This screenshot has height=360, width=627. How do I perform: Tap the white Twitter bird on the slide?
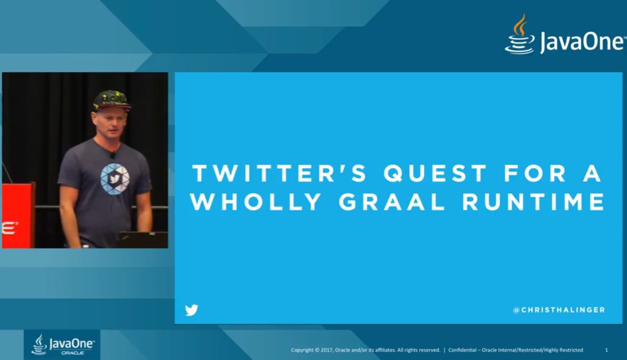tap(192, 310)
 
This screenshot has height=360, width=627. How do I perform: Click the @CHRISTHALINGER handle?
tap(558, 310)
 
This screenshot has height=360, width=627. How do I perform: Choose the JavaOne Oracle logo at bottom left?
tap(62, 345)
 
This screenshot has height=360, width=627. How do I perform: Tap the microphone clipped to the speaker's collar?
tap(113, 155)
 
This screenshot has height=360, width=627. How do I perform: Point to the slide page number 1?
tap(606, 350)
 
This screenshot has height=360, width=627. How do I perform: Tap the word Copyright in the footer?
tap(304, 350)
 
